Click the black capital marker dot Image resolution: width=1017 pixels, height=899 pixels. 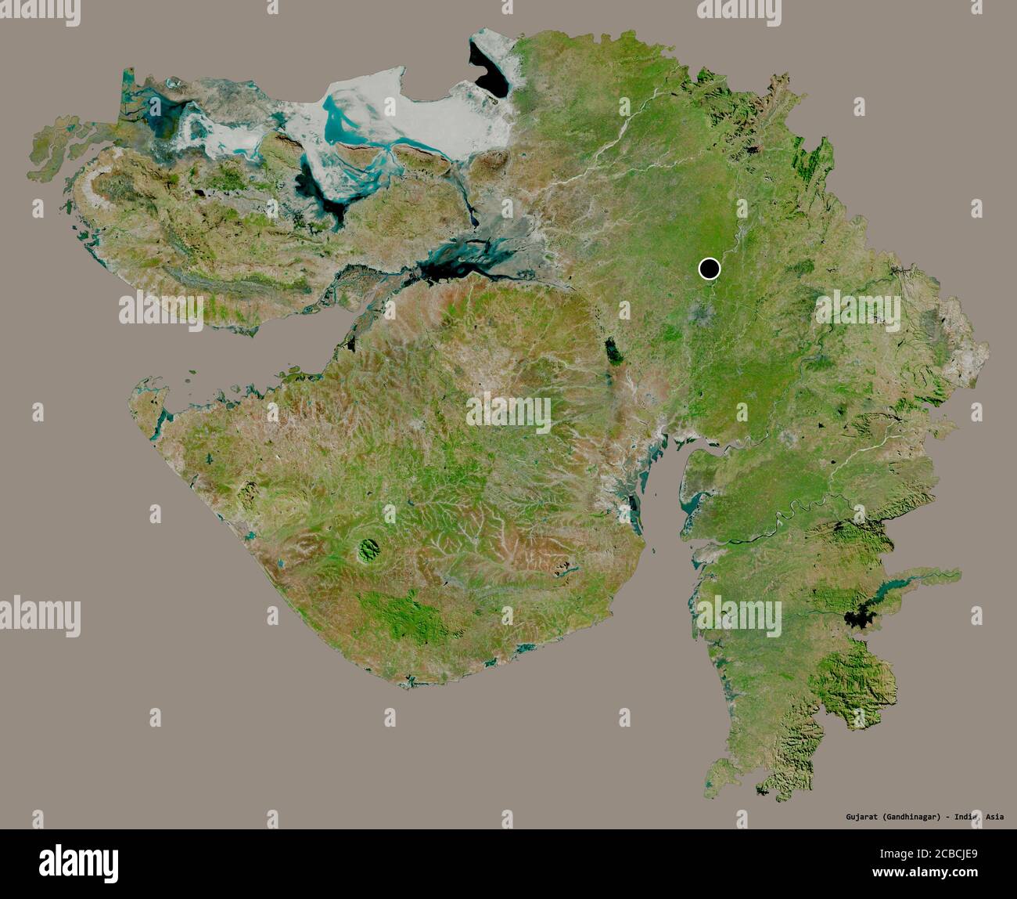tap(710, 269)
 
